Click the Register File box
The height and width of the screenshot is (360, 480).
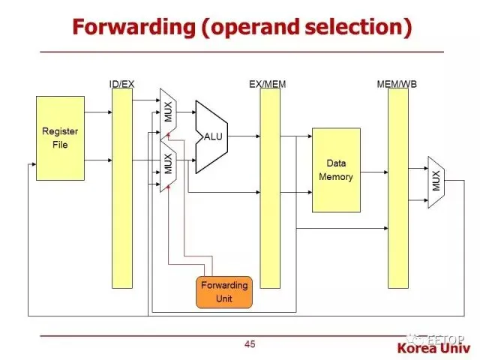coord(60,138)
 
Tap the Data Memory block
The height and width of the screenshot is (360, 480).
coord(336,169)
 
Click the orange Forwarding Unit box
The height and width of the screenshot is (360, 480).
coord(223,292)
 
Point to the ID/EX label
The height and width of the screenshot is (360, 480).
coord(121,84)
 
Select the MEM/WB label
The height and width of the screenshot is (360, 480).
coord(397,84)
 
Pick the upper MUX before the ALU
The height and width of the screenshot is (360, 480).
coord(167,111)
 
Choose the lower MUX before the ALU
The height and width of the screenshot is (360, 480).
coord(167,163)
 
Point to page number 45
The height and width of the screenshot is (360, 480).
coord(250,344)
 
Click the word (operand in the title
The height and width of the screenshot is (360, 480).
coord(241,27)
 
